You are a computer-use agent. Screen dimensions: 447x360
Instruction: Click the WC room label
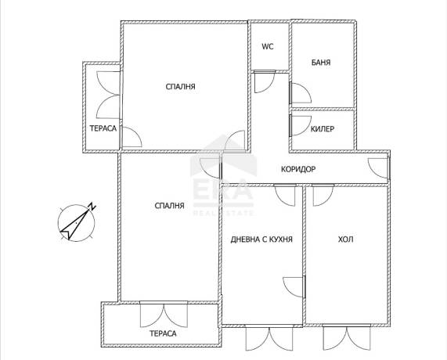click(x=268, y=46)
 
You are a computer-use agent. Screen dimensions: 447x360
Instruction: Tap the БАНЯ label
click(x=321, y=63)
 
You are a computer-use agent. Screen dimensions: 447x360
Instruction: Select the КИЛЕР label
click(x=322, y=129)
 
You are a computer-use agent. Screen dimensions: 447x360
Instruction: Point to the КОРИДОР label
click(x=298, y=169)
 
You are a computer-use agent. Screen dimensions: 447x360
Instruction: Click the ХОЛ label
click(x=345, y=239)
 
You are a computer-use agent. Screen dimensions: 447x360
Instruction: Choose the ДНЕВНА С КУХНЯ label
click(x=261, y=239)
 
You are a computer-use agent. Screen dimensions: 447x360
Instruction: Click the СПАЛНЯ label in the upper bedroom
click(x=181, y=87)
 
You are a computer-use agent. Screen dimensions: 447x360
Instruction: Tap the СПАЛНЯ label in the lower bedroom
click(x=169, y=206)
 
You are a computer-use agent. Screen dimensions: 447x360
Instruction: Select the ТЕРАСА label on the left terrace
click(x=103, y=128)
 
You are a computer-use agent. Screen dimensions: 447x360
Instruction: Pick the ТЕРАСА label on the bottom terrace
click(x=163, y=333)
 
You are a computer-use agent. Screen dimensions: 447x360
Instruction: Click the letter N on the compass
click(x=92, y=206)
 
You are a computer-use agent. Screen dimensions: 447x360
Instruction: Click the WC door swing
click(x=264, y=81)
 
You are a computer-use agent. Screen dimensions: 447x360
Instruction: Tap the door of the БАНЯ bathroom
click(x=300, y=93)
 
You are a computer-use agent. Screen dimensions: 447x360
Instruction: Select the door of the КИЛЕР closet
click(x=300, y=125)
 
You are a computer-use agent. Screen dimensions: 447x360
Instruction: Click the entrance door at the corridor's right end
click(x=379, y=168)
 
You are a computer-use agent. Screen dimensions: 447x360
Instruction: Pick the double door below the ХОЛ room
click(x=347, y=337)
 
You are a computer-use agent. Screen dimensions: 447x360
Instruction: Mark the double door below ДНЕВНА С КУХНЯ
click(x=269, y=338)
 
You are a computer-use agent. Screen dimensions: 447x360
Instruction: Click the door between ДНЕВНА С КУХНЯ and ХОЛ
click(x=294, y=287)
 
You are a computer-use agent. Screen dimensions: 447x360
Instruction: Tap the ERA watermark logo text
click(x=223, y=189)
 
